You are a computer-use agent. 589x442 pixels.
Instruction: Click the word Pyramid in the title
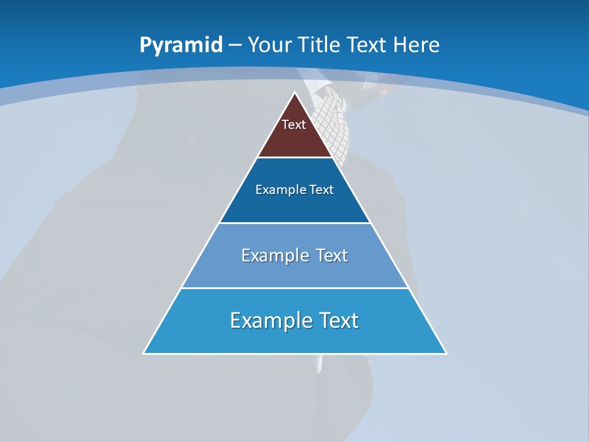180,45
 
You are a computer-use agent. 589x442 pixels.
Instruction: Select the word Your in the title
270,45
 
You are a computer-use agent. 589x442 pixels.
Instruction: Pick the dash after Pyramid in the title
235,45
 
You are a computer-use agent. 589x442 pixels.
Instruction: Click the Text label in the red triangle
294,125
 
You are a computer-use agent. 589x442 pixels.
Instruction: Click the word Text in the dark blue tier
321,190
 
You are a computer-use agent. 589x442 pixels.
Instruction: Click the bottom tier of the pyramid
294,338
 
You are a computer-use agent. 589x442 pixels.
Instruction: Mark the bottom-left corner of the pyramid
144,353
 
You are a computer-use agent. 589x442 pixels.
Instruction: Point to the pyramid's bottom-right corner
446,353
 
